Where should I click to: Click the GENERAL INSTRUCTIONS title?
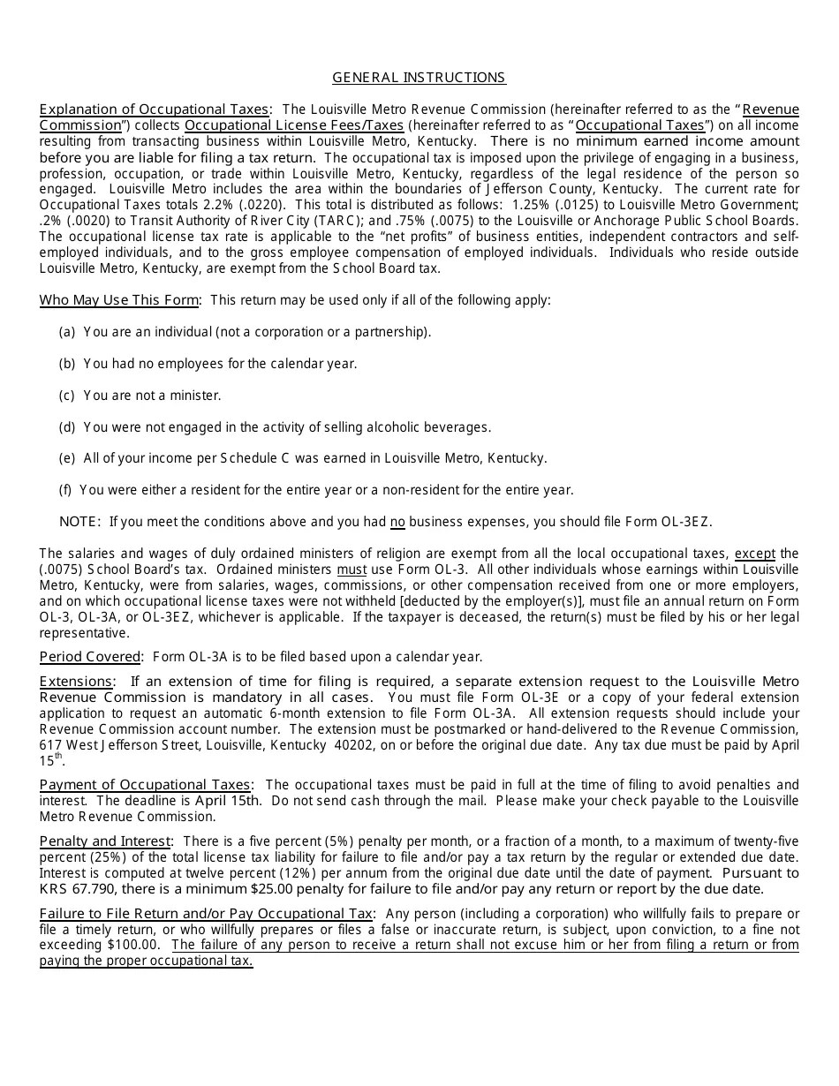coord(419,78)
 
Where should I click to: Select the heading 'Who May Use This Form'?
coord(118,300)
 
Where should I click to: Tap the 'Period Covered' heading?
coord(90,657)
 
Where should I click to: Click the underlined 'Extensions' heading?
coord(76,682)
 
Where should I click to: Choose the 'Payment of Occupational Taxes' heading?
coord(145,785)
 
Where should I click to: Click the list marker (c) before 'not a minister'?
coord(67,396)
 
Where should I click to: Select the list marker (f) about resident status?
coord(66,490)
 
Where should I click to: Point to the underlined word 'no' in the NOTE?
coord(397,522)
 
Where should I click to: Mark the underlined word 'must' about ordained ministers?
coord(351,569)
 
